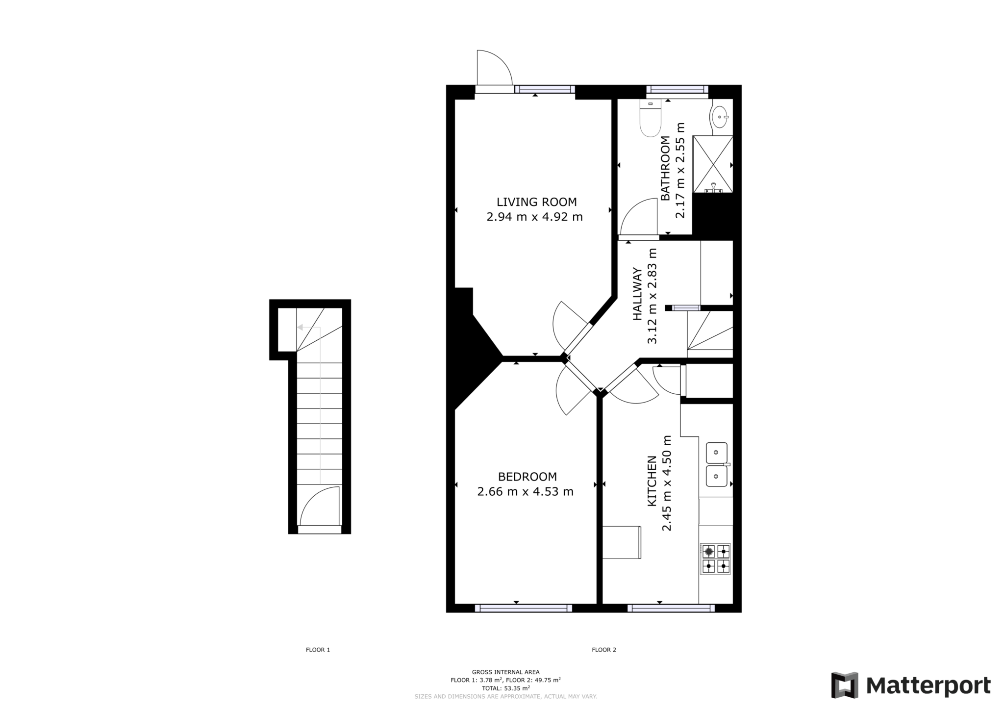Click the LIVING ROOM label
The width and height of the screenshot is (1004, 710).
point(536,202)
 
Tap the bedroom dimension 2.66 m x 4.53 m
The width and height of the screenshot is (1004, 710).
point(525,491)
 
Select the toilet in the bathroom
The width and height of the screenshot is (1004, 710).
point(651,119)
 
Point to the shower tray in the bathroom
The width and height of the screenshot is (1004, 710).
point(712,164)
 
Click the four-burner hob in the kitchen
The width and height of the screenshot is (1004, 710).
point(715,558)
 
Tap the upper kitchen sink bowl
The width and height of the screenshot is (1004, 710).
point(716,453)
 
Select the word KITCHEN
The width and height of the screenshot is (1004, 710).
point(652,481)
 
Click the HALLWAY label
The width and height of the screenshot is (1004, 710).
point(637,294)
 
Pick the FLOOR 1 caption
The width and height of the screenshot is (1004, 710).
point(318,650)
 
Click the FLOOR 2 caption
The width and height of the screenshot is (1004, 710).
point(603,650)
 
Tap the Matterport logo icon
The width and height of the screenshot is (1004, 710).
point(844,685)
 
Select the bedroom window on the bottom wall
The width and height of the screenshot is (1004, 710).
point(523,608)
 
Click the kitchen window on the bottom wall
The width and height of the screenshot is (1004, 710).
point(671,608)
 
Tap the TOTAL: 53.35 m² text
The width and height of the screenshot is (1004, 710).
point(505,688)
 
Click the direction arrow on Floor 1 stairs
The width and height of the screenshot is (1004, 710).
point(301,327)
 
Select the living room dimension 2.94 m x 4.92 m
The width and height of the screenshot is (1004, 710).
point(534,217)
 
